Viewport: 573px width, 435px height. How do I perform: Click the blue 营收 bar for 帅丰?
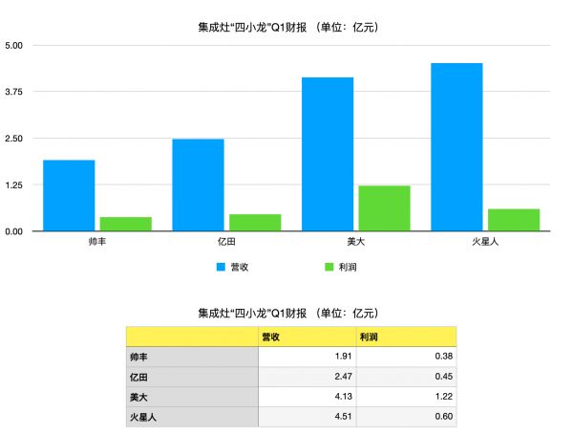click(x=69, y=195)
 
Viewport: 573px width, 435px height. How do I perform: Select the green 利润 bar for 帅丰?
click(x=125, y=224)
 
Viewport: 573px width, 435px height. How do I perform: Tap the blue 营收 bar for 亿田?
click(x=198, y=185)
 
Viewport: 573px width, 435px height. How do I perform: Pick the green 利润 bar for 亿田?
click(x=255, y=223)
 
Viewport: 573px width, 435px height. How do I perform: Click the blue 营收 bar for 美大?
click(x=328, y=154)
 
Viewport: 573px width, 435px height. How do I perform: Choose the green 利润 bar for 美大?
click(x=384, y=208)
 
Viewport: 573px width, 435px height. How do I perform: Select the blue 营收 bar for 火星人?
click(x=456, y=147)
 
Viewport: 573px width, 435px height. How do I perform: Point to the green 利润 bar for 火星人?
click(x=514, y=220)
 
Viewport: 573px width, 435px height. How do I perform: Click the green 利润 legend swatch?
click(x=329, y=267)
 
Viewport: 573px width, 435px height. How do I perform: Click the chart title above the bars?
click(x=286, y=27)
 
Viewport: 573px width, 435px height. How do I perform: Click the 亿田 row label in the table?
click(x=192, y=377)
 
